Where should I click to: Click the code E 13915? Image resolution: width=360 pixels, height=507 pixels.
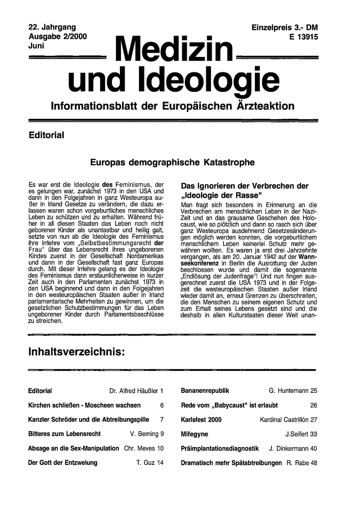point(303,36)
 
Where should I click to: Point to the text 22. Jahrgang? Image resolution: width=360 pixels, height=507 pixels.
point(52,27)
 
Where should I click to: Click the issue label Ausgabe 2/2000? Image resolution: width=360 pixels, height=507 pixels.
point(57,36)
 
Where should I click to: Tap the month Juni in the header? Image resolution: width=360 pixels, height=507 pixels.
point(36,45)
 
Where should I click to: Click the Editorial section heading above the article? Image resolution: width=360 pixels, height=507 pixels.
point(46,135)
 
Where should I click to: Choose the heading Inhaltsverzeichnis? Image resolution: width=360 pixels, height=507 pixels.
point(76,351)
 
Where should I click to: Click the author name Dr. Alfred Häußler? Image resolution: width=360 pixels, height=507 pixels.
point(134,391)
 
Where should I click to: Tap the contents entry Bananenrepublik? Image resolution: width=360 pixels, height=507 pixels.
point(205,391)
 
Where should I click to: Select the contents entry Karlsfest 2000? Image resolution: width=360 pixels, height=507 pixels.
point(201,419)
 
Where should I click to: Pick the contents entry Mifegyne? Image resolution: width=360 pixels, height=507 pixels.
point(194,434)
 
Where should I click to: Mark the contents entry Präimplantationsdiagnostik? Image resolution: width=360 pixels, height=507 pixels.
point(220,449)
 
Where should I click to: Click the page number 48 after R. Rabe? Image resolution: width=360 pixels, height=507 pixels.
point(314,463)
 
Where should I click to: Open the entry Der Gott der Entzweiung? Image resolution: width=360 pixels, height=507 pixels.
point(63,463)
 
